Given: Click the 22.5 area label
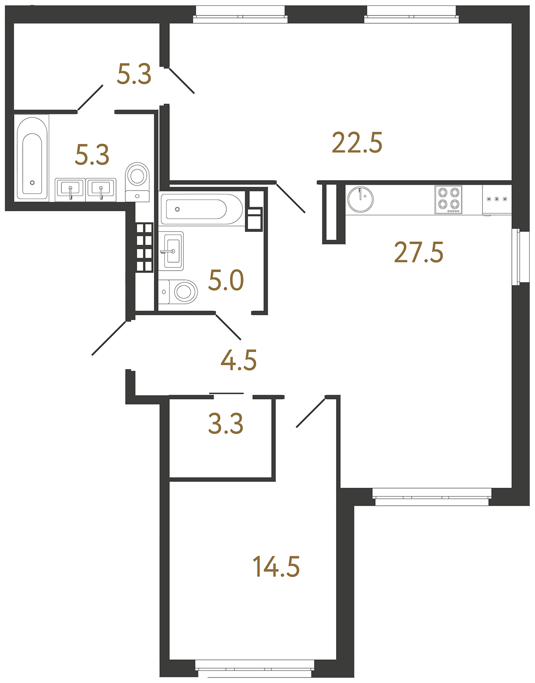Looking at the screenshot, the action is click(357, 143).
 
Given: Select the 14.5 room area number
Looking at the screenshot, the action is click(276, 566).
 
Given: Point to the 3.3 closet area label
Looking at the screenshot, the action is click(225, 424).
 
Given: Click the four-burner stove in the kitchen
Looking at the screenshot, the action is click(448, 199).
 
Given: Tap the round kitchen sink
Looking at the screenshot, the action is click(360, 199).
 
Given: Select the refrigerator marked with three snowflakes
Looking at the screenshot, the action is click(497, 200).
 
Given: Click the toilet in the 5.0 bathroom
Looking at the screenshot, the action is click(178, 292).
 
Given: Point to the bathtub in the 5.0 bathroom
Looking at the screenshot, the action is click(201, 209).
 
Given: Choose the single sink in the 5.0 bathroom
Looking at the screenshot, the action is click(171, 251).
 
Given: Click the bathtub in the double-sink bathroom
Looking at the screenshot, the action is click(32, 158).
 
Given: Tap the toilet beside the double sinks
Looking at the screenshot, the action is click(137, 182).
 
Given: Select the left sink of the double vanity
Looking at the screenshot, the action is click(70, 190).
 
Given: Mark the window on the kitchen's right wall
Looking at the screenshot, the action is click(516, 257).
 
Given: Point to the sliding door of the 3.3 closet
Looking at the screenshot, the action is click(227, 393).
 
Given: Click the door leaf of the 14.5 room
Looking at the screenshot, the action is click(311, 413).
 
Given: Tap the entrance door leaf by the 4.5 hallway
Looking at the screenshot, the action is click(109, 338).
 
